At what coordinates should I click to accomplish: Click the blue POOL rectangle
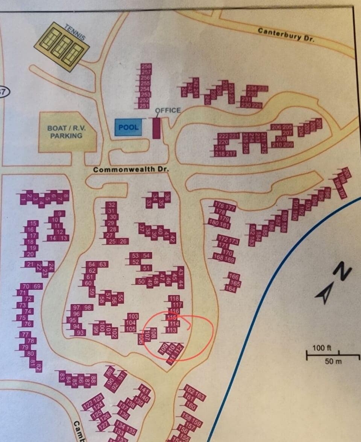point(128,127)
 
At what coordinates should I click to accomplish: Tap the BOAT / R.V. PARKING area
point(67,132)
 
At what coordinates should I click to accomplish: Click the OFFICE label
point(168,110)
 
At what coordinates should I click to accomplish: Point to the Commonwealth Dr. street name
point(131,169)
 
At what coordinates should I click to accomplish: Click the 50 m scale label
point(333,361)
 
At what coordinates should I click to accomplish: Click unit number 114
point(173,324)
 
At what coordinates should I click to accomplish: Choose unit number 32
point(111,205)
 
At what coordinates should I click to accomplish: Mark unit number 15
point(33,224)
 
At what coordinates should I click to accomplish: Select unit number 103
point(133,316)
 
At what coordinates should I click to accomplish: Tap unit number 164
point(230,289)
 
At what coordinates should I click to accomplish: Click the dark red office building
point(156,127)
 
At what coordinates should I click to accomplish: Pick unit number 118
point(174,298)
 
